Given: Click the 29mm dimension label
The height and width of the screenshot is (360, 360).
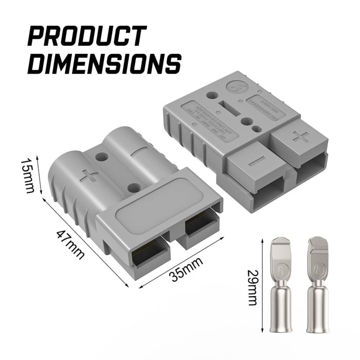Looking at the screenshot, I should point(252,287).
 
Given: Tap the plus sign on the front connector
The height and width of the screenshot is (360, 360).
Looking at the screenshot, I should point(89,176).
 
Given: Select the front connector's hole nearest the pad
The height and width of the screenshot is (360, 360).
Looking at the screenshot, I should point(134,188).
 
